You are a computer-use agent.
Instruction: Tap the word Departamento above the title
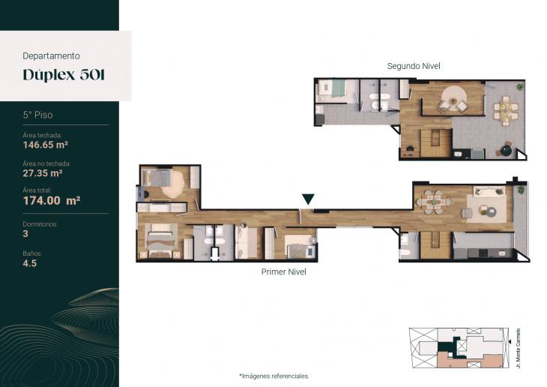pyautogui.click(x=52, y=55)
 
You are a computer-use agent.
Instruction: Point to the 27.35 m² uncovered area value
pyautogui.click(x=43, y=172)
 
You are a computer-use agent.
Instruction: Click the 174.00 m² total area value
pyautogui.click(x=52, y=200)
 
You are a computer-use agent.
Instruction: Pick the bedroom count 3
pyautogui.click(x=25, y=234)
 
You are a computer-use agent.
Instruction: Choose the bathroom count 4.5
pyautogui.click(x=30, y=263)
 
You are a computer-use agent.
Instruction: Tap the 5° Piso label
pyautogui.click(x=37, y=115)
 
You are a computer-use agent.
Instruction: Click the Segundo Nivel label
pyautogui.click(x=414, y=66)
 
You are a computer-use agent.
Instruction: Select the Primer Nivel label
pyautogui.click(x=283, y=272)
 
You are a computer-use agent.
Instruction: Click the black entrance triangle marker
pyautogui.click(x=308, y=199)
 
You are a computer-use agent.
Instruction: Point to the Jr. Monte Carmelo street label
pyautogui.click(x=519, y=347)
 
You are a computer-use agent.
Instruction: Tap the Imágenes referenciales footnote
pyautogui.click(x=274, y=375)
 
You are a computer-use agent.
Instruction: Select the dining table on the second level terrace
pyautogui.click(x=507, y=111)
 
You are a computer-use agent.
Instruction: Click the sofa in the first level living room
pyautogui.click(x=489, y=193)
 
